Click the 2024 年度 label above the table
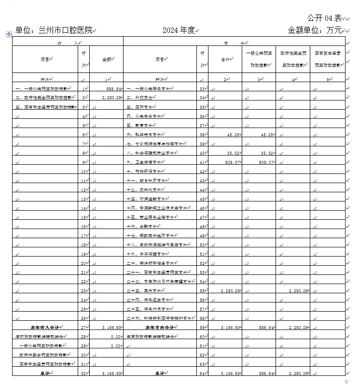179,30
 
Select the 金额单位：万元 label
315,30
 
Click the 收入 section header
68,43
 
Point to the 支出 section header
234,43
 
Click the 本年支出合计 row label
160,327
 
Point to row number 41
203,162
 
